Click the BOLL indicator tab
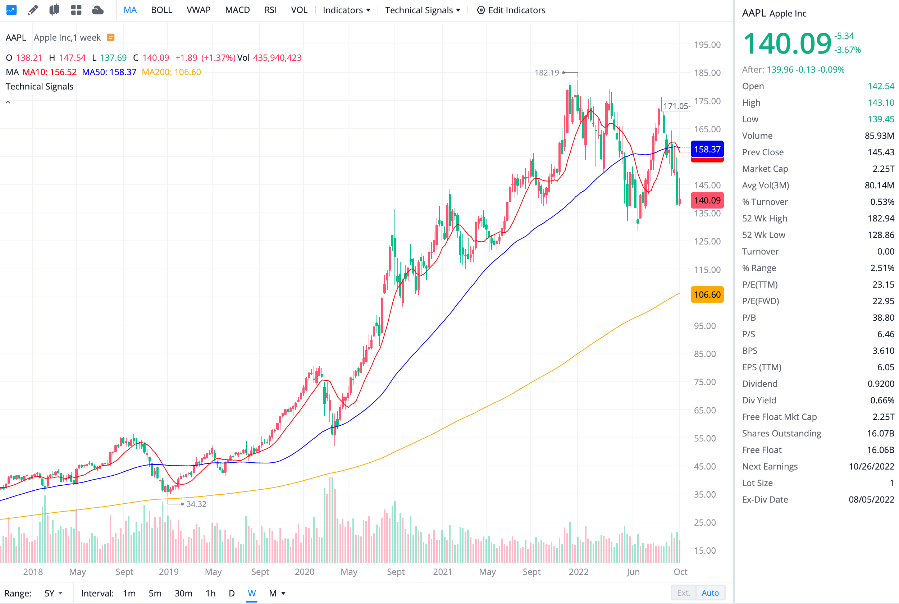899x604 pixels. [x=161, y=10]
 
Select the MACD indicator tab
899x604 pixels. [x=237, y=10]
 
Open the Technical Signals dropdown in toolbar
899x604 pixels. [x=423, y=10]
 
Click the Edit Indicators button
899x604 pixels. [x=511, y=10]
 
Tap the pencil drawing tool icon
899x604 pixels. [x=33, y=10]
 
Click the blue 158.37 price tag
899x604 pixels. [x=707, y=149]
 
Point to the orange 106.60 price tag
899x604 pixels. [x=707, y=294]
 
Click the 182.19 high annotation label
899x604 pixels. [x=546, y=72]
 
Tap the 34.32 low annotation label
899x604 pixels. [x=196, y=504]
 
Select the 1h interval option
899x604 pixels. [x=210, y=593]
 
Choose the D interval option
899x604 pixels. [x=232, y=593]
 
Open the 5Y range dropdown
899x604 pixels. [x=53, y=593]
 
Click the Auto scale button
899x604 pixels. [x=710, y=593]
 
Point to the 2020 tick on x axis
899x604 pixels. [x=304, y=572]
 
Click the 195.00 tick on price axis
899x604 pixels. [x=707, y=45]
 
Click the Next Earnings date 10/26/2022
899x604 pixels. [x=871, y=467]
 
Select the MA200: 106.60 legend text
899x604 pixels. [x=171, y=72]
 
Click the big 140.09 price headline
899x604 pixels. [x=787, y=43]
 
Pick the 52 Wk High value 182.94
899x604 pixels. [x=881, y=219]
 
